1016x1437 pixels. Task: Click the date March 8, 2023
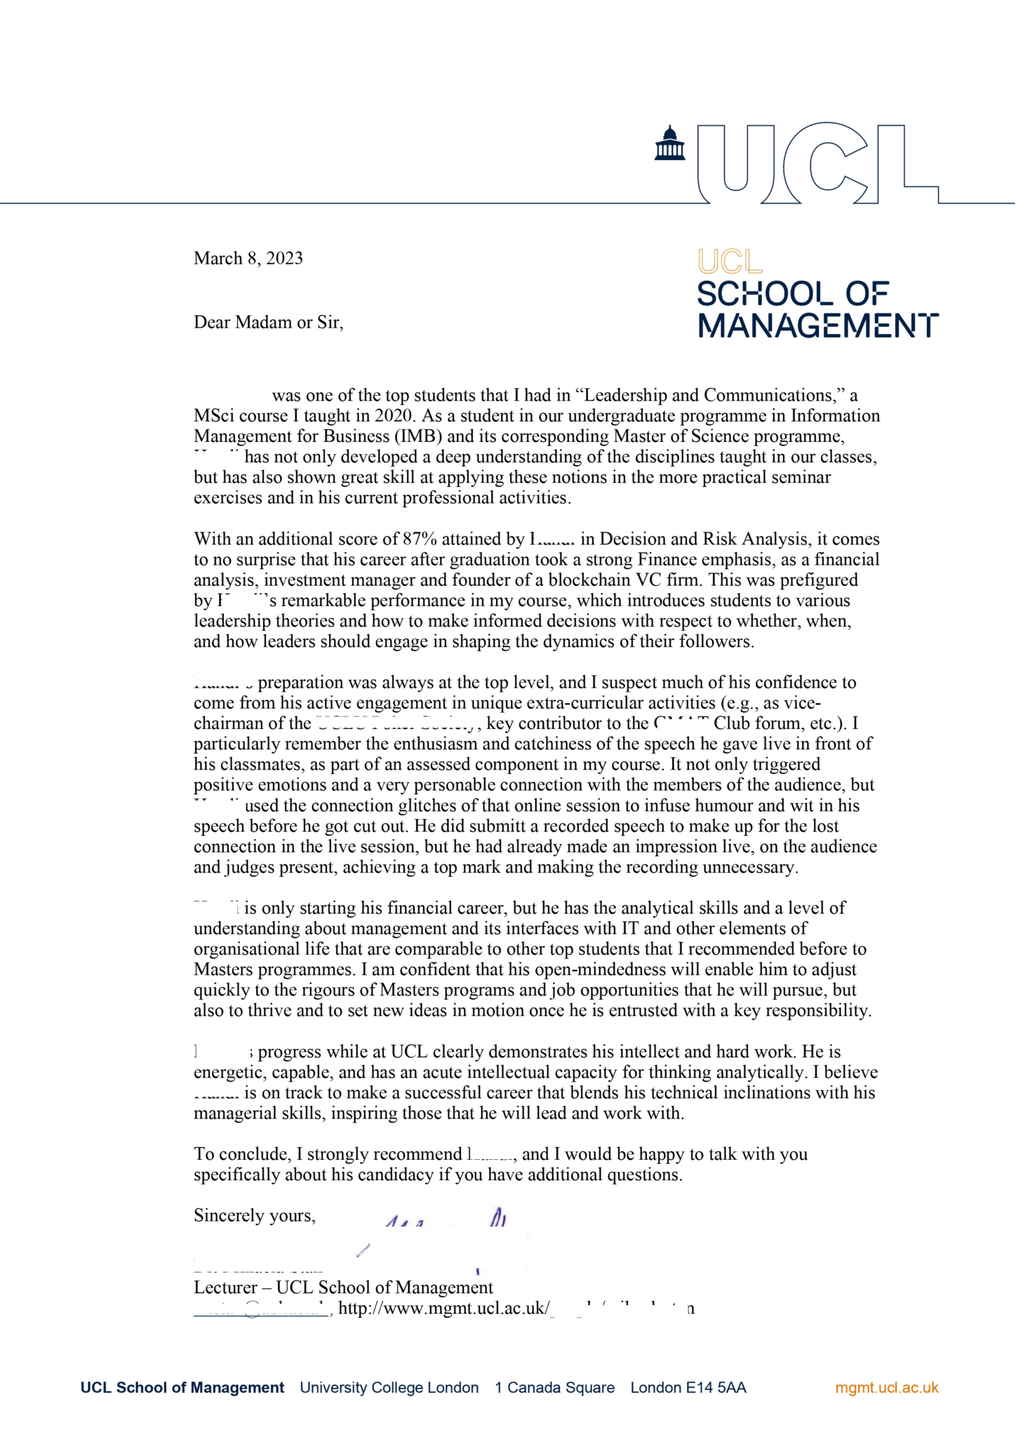248,258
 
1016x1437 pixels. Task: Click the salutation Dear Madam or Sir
268,322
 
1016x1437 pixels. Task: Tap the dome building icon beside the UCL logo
669,143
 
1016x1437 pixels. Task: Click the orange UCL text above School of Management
730,262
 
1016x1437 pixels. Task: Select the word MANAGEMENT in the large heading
817,326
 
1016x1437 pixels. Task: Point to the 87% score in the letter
420,539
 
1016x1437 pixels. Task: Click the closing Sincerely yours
254,1215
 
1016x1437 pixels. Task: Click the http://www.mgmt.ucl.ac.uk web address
443,1308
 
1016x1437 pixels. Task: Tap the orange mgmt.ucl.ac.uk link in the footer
886,1387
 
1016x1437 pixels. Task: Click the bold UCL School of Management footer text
182,1387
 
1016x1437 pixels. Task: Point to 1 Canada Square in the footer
554,1387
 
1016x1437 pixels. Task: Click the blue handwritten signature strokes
498,1219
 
